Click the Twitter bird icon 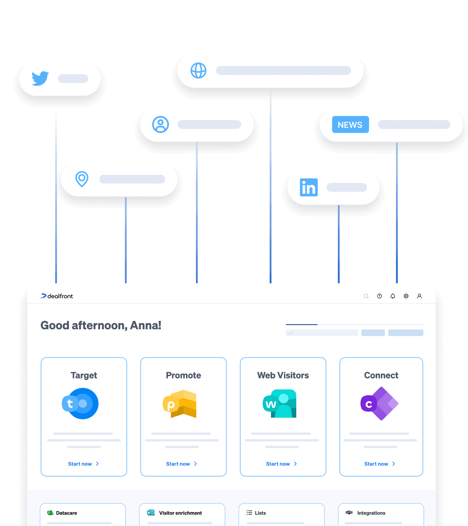point(40,78)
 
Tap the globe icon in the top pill point(199,70)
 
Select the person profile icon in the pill point(161,124)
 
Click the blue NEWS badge point(350,125)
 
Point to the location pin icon point(82,179)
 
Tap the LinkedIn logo point(309,187)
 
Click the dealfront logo point(57,296)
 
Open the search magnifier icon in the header point(366,296)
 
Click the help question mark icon point(380,296)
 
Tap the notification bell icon point(393,296)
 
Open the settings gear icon point(406,296)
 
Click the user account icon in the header point(419,296)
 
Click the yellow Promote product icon point(180,404)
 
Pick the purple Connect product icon point(379,404)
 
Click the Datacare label point(66,513)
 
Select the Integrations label point(371,513)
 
